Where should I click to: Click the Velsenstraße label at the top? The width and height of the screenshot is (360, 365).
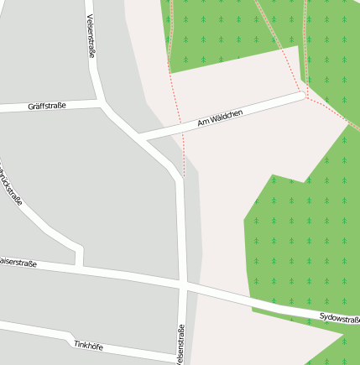tap(91, 35)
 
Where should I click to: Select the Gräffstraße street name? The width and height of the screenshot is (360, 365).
tap(46, 107)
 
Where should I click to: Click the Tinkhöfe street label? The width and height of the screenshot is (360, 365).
tap(88, 345)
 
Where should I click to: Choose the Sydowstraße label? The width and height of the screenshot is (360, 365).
tap(340, 319)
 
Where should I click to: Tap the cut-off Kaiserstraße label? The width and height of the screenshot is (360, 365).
tap(17, 263)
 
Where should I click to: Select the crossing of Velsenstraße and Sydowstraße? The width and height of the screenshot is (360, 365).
tap(180, 286)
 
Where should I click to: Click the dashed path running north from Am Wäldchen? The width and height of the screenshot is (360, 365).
tap(175, 84)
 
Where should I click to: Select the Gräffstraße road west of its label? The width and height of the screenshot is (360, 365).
tap(13, 108)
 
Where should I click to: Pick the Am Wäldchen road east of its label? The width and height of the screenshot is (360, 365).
tap(273, 104)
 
